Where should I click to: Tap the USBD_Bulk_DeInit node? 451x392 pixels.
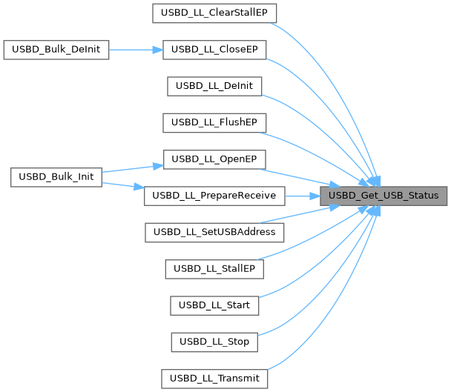[56, 50]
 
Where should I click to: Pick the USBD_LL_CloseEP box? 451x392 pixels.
[214, 50]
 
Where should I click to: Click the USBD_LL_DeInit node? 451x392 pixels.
[214, 86]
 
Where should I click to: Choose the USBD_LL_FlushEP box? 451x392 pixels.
[214, 122]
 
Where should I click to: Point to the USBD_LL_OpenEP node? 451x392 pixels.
[214, 159]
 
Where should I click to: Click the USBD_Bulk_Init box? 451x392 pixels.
[56, 178]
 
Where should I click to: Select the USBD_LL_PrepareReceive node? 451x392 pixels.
[214, 196]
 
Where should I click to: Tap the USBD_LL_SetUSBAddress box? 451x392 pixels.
[214, 232]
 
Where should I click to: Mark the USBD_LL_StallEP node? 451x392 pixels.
[214, 268]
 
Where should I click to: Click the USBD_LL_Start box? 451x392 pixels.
[214, 305]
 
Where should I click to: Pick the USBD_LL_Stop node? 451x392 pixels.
[214, 342]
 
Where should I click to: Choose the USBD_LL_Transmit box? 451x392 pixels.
[214, 378]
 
